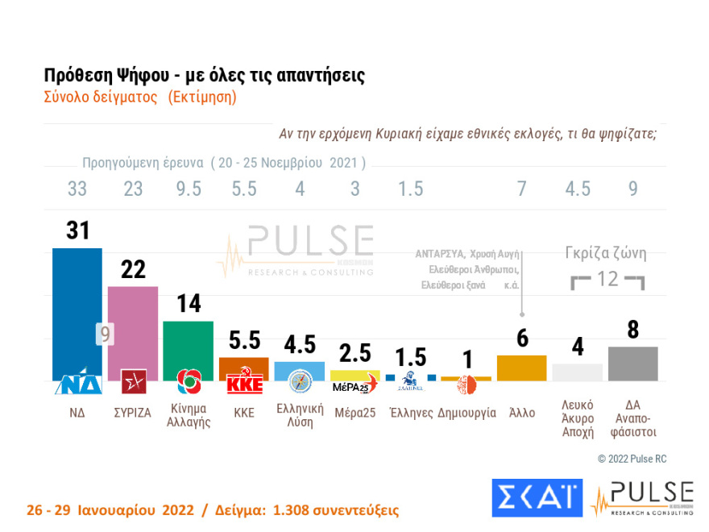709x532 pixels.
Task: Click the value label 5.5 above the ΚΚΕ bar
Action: click(244, 339)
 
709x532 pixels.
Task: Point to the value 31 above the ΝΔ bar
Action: click(77, 231)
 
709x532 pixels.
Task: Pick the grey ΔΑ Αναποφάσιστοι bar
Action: click(633, 364)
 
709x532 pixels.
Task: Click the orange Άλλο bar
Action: click(522, 368)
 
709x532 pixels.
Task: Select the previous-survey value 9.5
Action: click(189, 189)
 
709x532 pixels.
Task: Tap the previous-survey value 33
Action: click(77, 189)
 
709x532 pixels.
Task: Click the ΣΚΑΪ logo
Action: click(537, 497)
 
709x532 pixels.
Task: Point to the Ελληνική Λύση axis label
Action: click(300, 416)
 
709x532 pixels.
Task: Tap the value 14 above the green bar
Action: click(189, 303)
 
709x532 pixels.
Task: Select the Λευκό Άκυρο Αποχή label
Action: click(578, 418)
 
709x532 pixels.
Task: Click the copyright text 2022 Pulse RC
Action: click(632, 459)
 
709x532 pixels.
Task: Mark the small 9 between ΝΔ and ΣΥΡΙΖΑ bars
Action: click(105, 333)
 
